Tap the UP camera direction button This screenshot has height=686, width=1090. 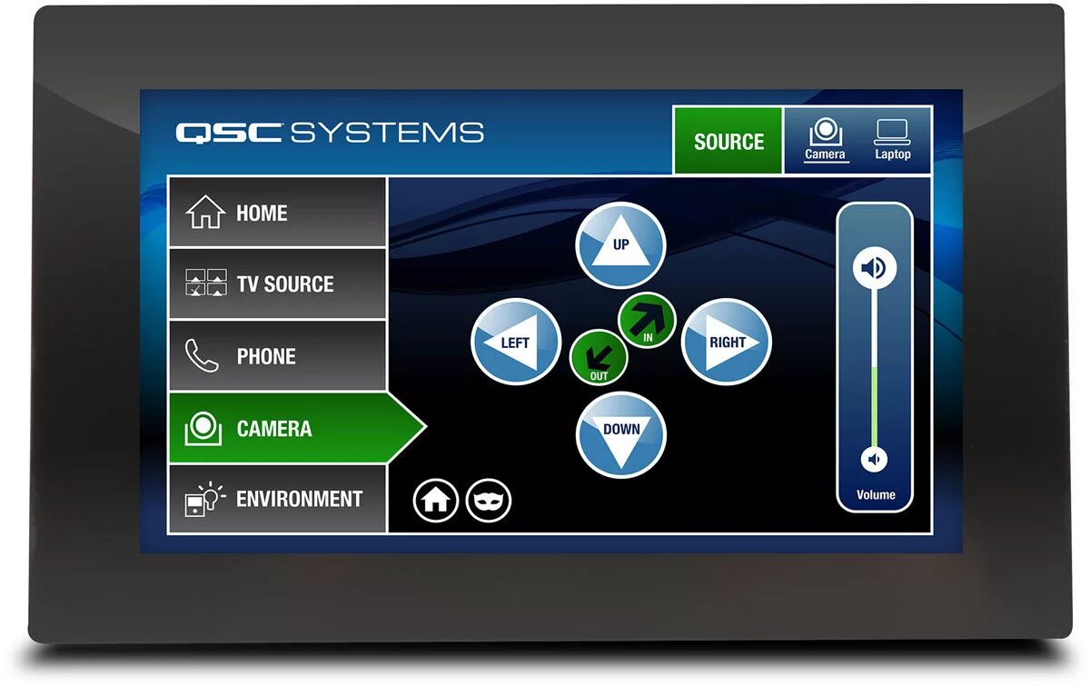pyautogui.click(x=621, y=246)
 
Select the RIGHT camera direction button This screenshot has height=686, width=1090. pyautogui.click(x=726, y=342)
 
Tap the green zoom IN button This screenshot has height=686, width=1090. pyautogui.click(x=648, y=320)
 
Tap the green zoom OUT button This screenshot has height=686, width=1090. pyautogui.click(x=599, y=357)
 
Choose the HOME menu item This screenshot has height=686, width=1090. pyautogui.click(x=277, y=213)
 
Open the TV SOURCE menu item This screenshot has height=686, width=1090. pyautogui.click(x=277, y=283)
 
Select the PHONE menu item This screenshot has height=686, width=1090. pyautogui.click(x=277, y=356)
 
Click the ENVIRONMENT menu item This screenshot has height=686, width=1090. pyautogui.click(x=277, y=499)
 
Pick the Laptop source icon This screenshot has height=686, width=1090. pyautogui.click(x=892, y=140)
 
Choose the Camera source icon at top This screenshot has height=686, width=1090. pyautogui.click(x=825, y=140)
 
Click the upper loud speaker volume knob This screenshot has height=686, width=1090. pyautogui.click(x=874, y=268)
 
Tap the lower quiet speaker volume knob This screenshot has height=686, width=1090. pyautogui.click(x=874, y=460)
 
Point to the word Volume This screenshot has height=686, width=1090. pyautogui.click(x=876, y=495)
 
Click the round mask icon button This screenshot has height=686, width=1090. pyautogui.click(x=489, y=501)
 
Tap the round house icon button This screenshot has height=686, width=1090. pyautogui.click(x=436, y=501)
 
